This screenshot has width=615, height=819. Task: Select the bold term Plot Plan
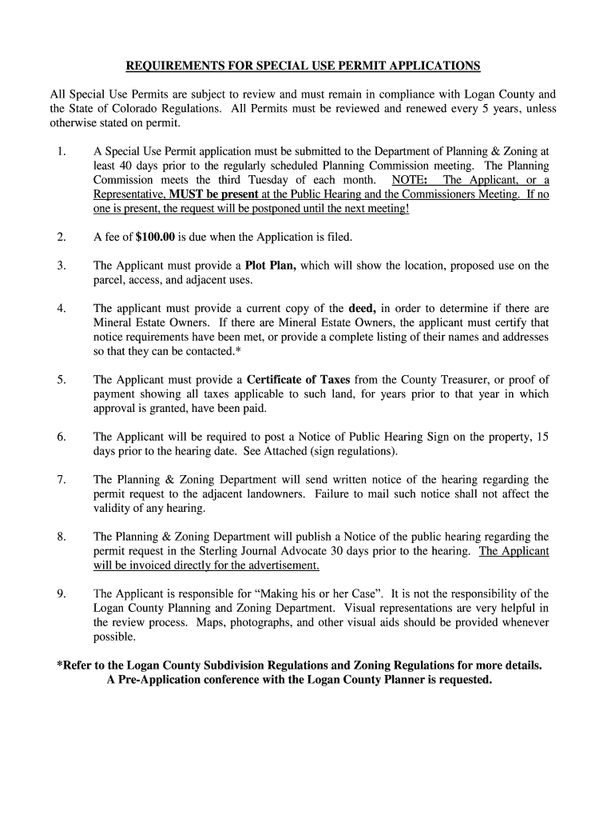270,266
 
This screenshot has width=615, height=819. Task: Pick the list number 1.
61,151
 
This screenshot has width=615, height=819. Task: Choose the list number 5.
61,379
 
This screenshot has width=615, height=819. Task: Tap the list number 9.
61,593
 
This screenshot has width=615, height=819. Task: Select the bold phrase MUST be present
213,194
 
